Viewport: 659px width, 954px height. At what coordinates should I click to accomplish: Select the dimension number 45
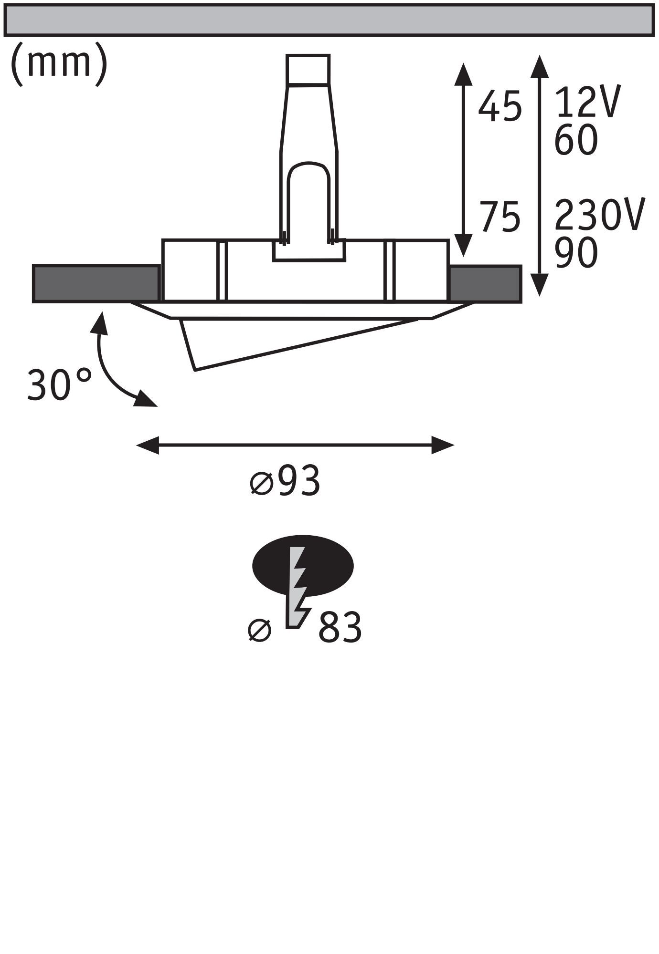[500, 107]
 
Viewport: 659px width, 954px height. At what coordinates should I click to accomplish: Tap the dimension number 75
[500, 218]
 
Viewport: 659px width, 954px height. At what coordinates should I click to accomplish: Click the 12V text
[588, 102]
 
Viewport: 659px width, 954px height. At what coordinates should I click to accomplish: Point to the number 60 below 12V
[576, 140]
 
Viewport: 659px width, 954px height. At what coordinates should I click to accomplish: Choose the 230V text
[600, 215]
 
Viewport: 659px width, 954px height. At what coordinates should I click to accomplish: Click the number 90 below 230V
[576, 253]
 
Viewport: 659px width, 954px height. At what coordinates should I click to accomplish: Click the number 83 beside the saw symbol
[340, 628]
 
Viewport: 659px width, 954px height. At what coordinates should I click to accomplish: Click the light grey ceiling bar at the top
[329, 19]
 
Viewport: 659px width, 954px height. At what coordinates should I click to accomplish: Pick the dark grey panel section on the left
[96, 283]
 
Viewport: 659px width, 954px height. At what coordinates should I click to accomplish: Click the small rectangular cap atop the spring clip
[308, 69]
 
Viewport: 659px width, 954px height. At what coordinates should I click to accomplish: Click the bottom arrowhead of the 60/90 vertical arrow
[539, 286]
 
